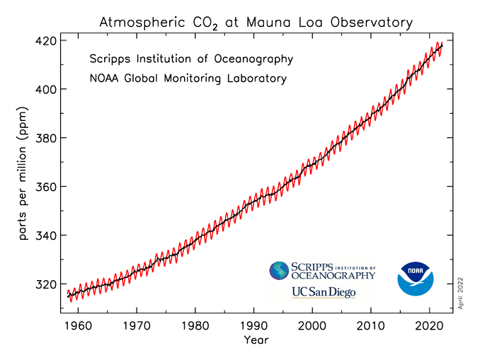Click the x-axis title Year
point(256,341)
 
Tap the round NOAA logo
point(415,279)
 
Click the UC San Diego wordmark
point(323,292)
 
